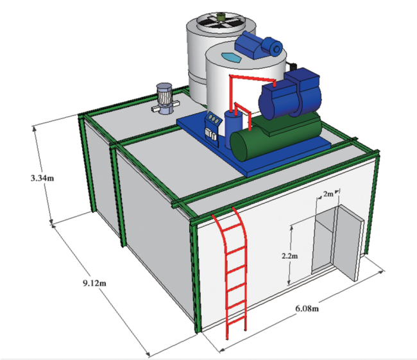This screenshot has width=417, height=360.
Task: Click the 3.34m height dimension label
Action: click(42, 178)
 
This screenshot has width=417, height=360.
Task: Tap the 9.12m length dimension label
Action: click(94, 283)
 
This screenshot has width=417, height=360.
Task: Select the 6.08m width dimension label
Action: click(307, 309)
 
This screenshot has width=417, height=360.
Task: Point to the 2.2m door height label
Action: click(290, 256)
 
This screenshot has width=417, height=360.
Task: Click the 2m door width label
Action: click(328, 194)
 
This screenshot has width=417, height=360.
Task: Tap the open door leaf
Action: click(347, 242)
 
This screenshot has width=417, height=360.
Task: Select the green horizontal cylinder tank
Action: click(275, 136)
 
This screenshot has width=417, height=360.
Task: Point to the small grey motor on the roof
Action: click(164, 98)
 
